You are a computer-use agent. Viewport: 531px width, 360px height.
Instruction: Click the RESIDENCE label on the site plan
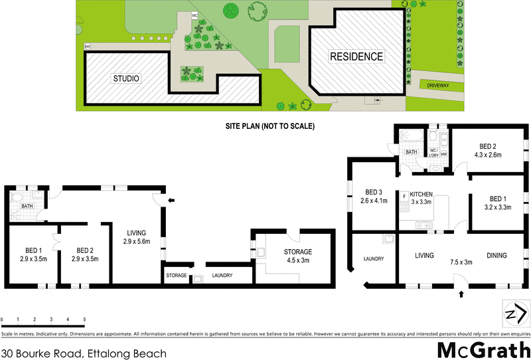pyautogui.click(x=356, y=56)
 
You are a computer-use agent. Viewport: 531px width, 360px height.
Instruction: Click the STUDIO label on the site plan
pyautogui.click(x=125, y=78)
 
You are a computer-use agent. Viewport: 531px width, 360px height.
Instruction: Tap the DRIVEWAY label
pyautogui.click(x=437, y=85)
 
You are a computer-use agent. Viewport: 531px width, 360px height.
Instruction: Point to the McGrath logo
pyautogui.click(x=482, y=350)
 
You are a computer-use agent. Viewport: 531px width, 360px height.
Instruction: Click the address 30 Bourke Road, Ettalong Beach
pyautogui.click(x=84, y=353)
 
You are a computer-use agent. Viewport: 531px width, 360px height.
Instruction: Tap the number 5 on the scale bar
pyautogui.click(x=84, y=319)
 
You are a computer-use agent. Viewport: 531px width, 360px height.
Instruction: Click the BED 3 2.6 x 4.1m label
pyautogui.click(x=373, y=196)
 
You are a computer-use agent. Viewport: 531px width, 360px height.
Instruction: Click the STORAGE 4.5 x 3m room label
pyautogui.click(x=297, y=256)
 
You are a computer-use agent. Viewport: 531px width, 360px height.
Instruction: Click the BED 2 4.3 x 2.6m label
pyautogui.click(x=489, y=150)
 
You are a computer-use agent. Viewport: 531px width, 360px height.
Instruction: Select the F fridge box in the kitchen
pyautogui.click(x=404, y=197)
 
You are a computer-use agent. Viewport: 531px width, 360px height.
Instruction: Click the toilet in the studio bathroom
pyautogui.click(x=19, y=198)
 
